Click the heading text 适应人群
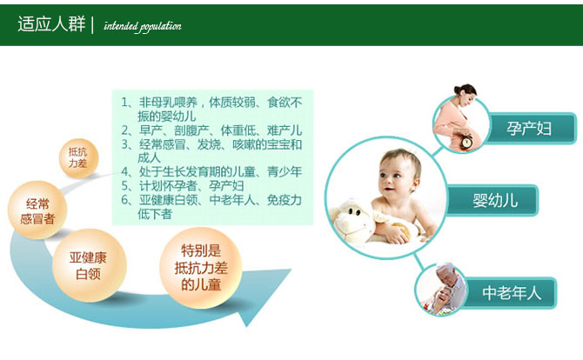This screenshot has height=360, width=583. coord(51,24)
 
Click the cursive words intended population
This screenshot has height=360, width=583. coord(143,26)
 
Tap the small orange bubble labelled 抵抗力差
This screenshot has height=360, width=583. coord(78,158)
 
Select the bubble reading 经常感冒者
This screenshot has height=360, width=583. coord(37,210)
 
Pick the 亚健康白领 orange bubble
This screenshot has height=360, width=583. coord(89,265)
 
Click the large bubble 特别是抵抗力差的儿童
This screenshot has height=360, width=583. coord(201,268)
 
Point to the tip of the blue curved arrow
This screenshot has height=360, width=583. coord(291,270)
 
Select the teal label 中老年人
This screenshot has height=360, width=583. coord(511,293)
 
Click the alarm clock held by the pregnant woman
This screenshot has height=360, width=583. coord(466,142)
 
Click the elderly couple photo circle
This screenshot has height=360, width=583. coord(440,290)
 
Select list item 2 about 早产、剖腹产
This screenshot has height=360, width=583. coord(211,130)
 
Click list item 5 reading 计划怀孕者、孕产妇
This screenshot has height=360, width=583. coord(182,186)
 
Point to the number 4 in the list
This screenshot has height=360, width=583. coord(125,171)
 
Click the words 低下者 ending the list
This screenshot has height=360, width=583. coord(155,214)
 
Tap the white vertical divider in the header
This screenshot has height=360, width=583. coord(92,25)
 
